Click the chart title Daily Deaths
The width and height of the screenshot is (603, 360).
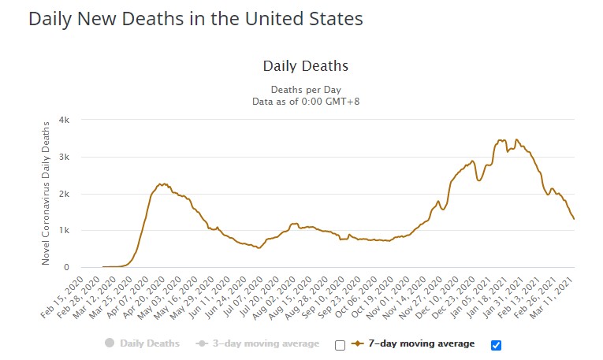point(305,66)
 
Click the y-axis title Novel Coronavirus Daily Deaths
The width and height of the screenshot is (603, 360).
point(47,193)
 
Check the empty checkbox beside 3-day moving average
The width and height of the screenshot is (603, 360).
point(340,344)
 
